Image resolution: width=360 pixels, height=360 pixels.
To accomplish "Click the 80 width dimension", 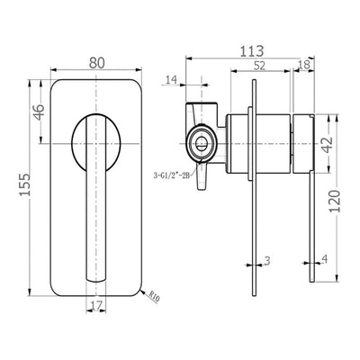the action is click(97, 63).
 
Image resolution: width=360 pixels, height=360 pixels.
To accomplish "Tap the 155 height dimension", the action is click(25, 184).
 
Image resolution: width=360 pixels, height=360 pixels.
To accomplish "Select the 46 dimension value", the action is click(40, 112).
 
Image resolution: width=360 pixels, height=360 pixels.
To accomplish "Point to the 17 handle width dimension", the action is click(96, 305).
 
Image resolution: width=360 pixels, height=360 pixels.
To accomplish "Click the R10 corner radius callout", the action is click(155, 298).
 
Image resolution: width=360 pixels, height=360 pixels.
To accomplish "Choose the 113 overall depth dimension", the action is click(252, 51).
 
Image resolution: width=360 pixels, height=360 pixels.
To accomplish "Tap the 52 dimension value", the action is click(260, 66).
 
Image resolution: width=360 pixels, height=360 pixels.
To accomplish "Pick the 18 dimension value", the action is click(304, 66).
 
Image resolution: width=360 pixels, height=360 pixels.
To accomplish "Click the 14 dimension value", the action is click(172, 80).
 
